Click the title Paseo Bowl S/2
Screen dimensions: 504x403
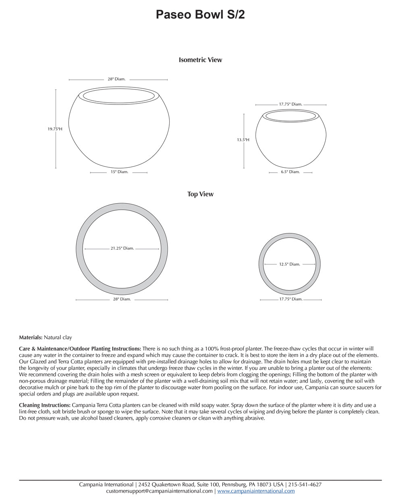[200, 15]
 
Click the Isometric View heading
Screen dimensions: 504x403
[200, 60]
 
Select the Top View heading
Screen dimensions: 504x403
[200, 194]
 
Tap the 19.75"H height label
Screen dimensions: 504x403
[55, 129]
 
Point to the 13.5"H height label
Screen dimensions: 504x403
[243, 140]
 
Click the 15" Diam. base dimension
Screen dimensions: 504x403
[119, 172]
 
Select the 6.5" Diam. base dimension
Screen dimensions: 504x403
[290, 172]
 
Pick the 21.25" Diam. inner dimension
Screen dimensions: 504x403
[122, 248]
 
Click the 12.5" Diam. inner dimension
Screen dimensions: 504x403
[290, 264]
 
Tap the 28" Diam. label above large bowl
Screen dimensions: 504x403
[116, 79]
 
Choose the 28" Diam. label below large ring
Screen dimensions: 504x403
[122, 300]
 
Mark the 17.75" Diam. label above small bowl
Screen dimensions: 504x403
[291, 104]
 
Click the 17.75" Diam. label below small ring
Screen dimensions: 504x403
[291, 300]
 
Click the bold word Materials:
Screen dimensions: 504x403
[31, 337]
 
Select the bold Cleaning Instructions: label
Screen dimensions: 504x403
[45, 405]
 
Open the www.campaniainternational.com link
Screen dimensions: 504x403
[256, 491]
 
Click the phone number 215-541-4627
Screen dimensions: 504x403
[305, 485]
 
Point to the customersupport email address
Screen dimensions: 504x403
[159, 491]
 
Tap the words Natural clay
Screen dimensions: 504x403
[58, 337]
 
